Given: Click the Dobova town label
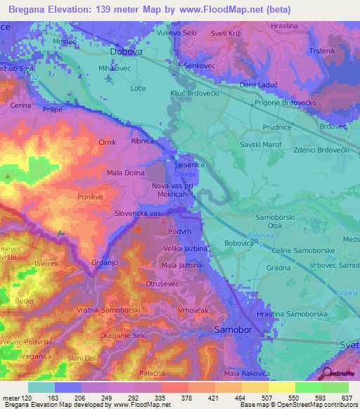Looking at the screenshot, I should [x=126, y=51].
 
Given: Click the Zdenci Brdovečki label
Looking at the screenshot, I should [x=322, y=151].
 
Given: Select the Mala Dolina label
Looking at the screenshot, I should [x=126, y=171].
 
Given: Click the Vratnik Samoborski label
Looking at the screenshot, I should [x=109, y=310].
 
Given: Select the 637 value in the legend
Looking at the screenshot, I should [x=347, y=397].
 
